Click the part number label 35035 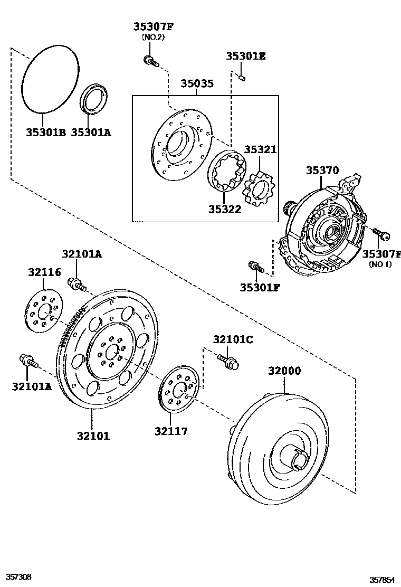[197, 84]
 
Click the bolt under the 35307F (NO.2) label [150, 61]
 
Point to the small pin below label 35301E [241, 78]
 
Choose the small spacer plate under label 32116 [44, 313]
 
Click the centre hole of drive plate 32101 [111, 351]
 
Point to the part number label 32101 [93, 436]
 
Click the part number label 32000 [284, 371]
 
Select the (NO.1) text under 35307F [380, 264]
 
